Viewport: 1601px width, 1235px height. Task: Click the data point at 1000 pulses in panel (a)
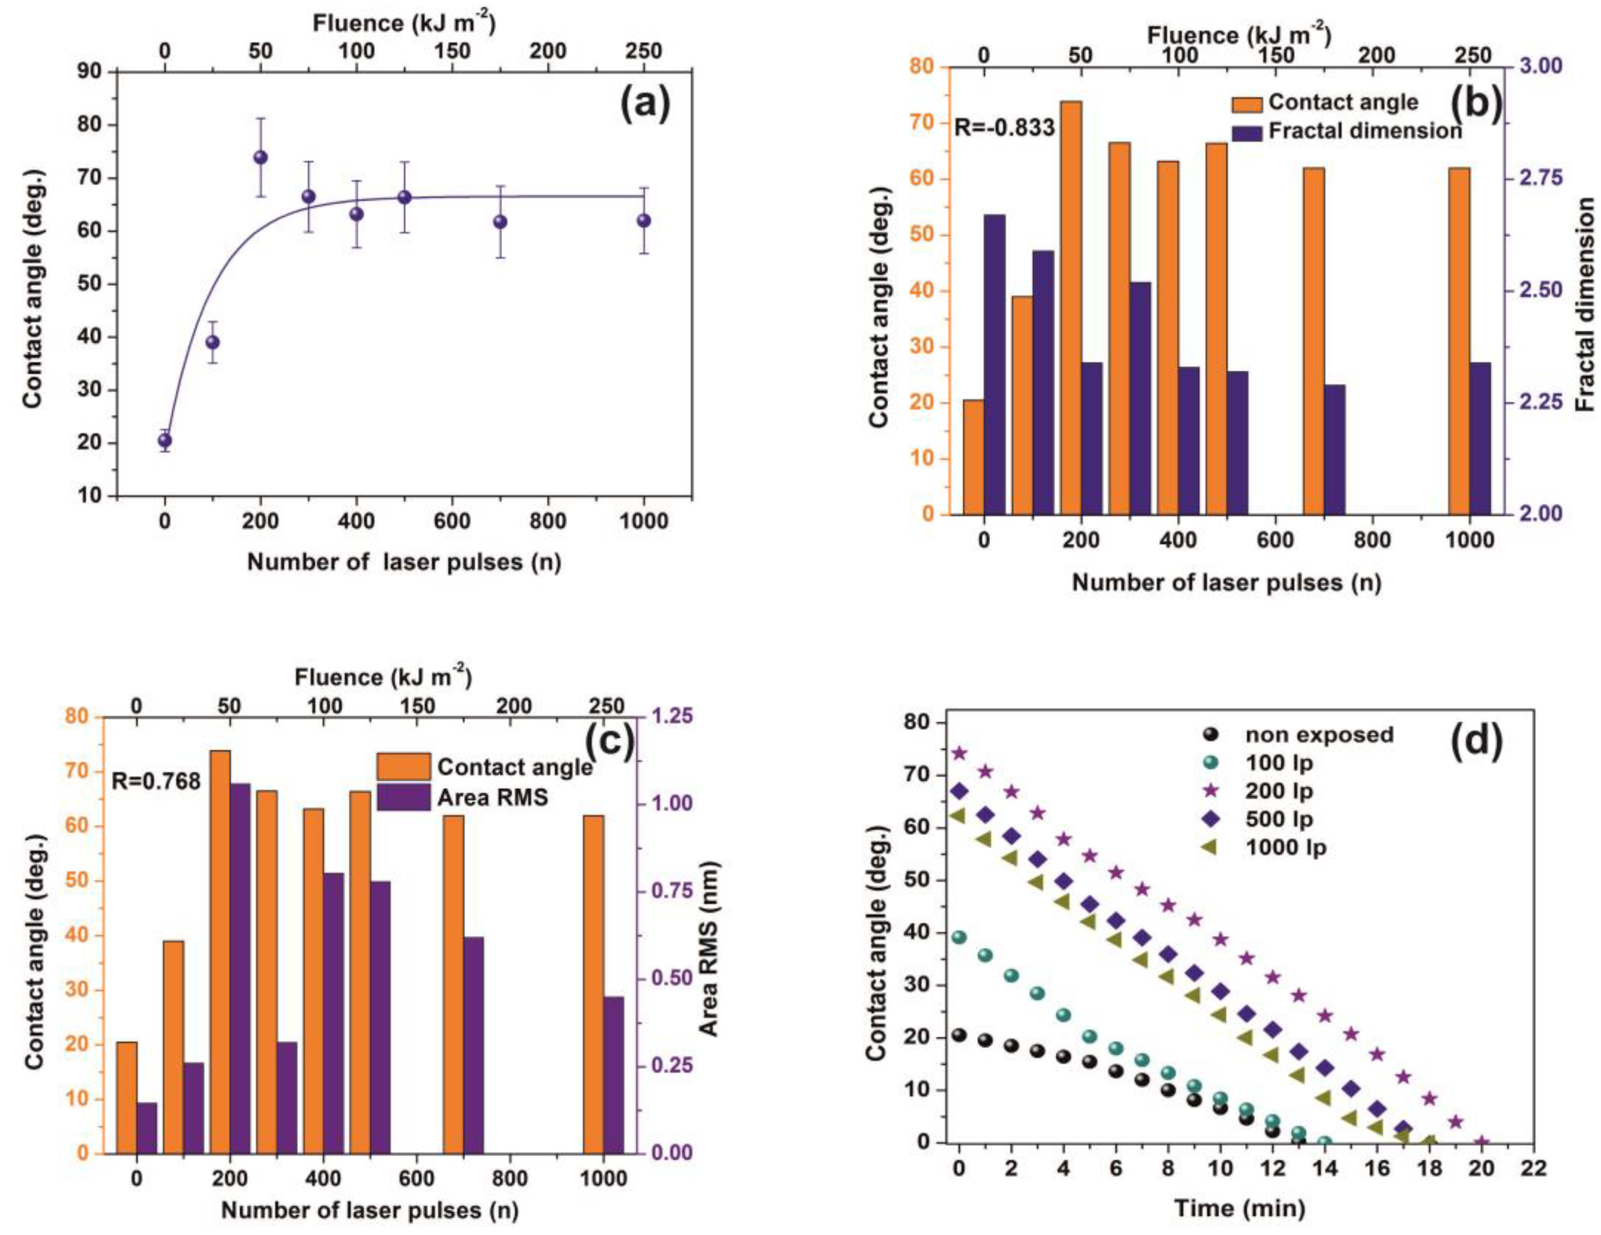coord(644,221)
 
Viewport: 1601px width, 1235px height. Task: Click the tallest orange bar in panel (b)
coord(1071,293)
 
